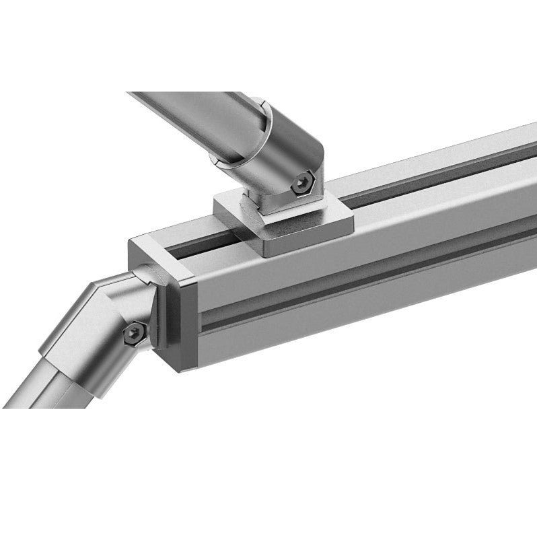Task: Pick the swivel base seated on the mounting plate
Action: [x=269, y=202]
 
